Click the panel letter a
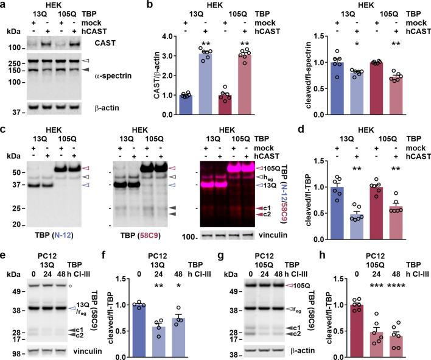(x=5, y=5)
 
